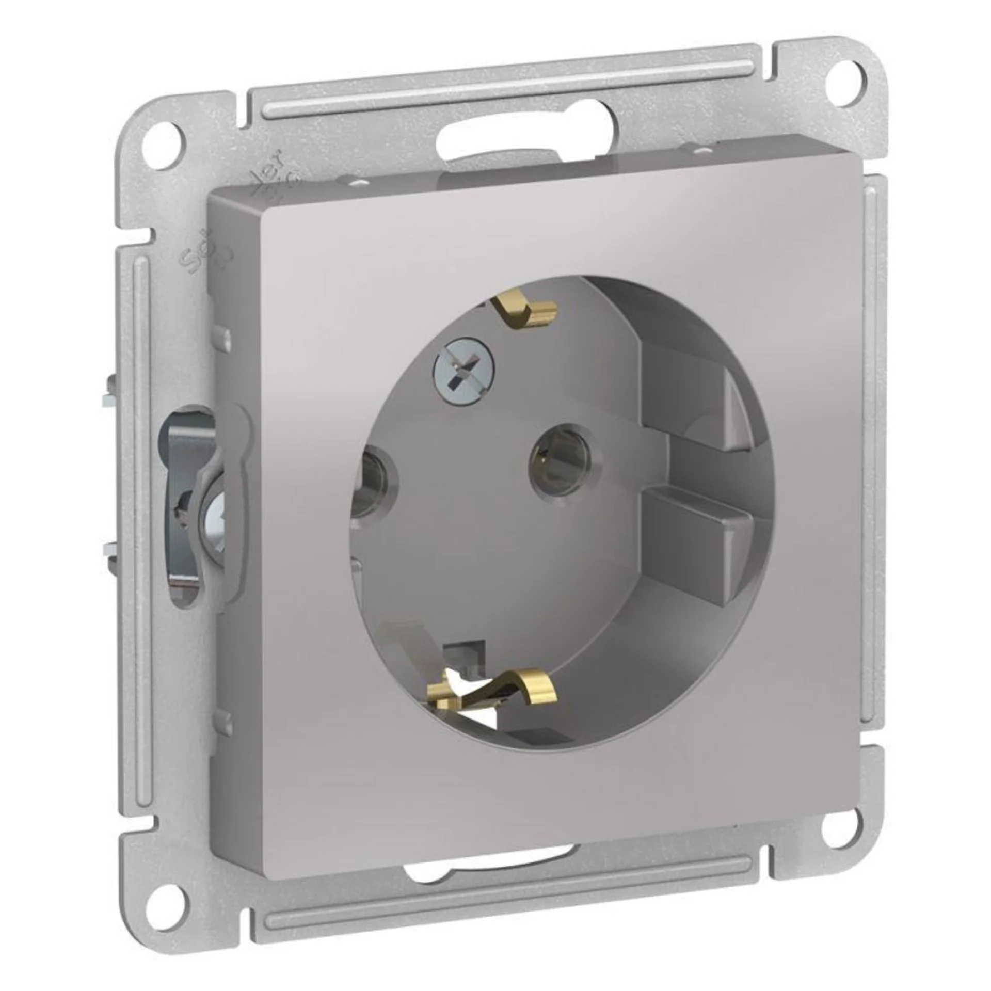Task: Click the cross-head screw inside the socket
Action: point(462,371)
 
